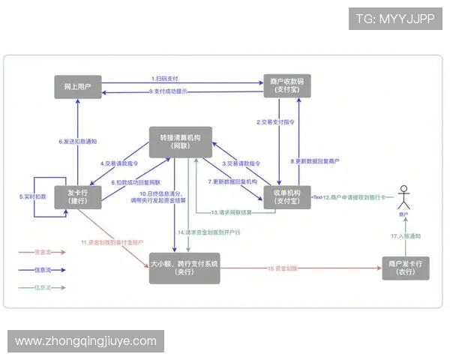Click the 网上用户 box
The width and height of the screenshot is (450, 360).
click(78, 86)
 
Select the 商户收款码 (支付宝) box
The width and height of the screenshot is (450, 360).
click(283, 86)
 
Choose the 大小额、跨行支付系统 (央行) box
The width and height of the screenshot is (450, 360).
click(184, 268)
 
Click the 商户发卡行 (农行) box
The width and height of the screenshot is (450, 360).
click(405, 268)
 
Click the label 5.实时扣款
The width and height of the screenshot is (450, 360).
click(33, 196)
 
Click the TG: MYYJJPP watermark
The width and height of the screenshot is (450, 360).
click(394, 19)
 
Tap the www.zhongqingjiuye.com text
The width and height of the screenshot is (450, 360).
click(86, 341)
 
